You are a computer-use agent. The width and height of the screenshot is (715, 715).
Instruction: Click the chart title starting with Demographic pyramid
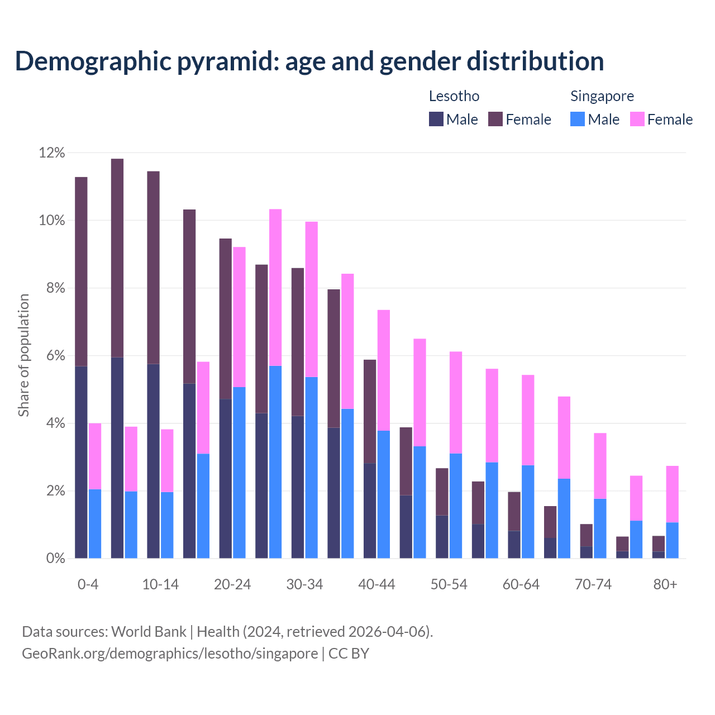[309, 61]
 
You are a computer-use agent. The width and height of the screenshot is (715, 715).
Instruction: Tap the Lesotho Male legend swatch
[436, 119]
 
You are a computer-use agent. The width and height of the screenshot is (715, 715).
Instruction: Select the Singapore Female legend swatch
[637, 119]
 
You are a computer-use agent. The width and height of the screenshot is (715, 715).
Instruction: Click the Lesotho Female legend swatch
[495, 119]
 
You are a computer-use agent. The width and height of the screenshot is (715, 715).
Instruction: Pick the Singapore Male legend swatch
[578, 119]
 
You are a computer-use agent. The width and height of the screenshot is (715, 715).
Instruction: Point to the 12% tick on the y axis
[52, 153]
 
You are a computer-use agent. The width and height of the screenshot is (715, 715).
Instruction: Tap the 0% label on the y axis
[55, 558]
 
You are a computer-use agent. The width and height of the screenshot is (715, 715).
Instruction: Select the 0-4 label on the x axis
[88, 584]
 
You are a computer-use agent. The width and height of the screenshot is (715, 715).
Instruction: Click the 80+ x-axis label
[665, 584]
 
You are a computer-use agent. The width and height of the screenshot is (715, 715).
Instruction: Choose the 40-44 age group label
[376, 584]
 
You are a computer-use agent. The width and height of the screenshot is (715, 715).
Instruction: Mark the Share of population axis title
[24, 355]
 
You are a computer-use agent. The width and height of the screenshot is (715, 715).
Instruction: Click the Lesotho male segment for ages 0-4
[81, 462]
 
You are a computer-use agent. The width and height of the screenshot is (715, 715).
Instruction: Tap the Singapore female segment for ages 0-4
[95, 456]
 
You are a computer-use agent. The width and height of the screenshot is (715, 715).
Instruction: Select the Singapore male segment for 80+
[672, 540]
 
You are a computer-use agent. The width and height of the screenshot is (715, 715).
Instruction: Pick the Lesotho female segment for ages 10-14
[153, 268]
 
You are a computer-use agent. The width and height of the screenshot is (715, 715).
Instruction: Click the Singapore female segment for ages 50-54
[456, 402]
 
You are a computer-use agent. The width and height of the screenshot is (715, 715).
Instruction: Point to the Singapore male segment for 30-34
[312, 468]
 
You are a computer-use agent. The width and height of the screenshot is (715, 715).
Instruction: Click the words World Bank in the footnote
[149, 632]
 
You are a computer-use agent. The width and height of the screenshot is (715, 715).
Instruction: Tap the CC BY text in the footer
[349, 654]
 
